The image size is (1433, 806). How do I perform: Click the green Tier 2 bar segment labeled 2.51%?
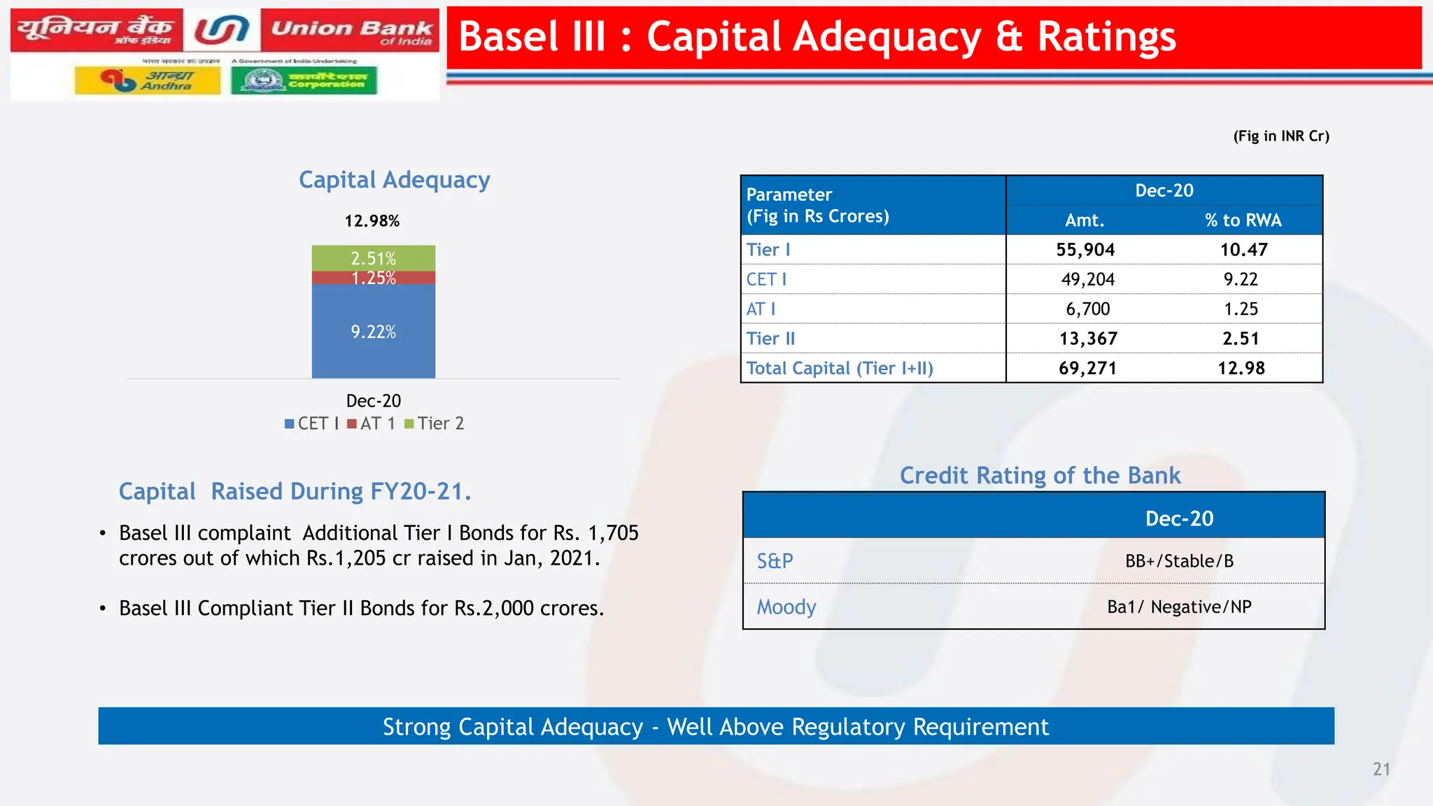click(373, 257)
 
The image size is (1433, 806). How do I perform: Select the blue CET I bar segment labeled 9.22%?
click(373, 331)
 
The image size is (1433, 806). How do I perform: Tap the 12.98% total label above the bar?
click(372, 221)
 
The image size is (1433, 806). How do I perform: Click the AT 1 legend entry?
click(372, 423)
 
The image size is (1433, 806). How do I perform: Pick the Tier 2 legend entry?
click(435, 423)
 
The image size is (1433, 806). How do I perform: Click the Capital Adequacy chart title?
click(394, 180)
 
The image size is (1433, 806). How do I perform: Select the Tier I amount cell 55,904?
click(1085, 250)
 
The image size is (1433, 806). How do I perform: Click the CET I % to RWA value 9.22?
click(1240, 279)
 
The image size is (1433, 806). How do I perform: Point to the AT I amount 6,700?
click(1087, 309)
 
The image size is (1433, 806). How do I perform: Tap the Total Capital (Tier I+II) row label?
click(839, 368)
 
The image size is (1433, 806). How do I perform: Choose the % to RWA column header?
click(1243, 220)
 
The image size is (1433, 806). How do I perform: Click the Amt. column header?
click(1084, 220)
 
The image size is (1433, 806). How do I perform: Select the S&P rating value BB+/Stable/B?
click(1179, 561)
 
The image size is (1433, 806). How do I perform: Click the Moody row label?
click(786, 607)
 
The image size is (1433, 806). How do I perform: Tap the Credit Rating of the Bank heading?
click(1040, 476)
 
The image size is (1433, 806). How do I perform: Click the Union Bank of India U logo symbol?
click(222, 30)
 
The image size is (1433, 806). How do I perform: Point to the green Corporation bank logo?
click(304, 80)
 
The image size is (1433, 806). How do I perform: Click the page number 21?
click(1381, 769)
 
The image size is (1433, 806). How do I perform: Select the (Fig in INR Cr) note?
click(1280, 136)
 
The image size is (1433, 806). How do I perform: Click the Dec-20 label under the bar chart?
click(373, 401)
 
